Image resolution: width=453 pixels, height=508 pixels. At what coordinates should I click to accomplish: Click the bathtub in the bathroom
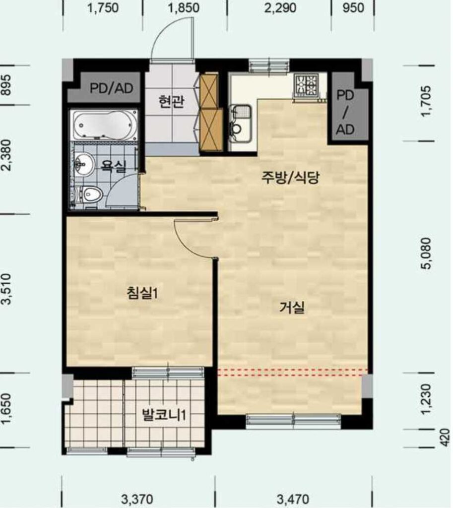click(x=104, y=125)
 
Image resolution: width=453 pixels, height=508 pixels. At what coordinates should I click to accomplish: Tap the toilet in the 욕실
click(x=89, y=195)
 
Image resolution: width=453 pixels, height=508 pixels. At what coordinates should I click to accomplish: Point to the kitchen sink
click(x=240, y=124)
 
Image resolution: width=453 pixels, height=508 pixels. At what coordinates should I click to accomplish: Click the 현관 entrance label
click(x=171, y=101)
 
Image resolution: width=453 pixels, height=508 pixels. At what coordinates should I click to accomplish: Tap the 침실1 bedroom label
click(x=142, y=293)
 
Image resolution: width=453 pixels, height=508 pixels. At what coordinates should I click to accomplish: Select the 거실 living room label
click(x=292, y=307)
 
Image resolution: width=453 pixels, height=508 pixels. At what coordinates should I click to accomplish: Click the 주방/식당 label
click(x=290, y=177)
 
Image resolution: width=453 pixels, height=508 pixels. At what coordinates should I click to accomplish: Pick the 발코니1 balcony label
click(x=164, y=415)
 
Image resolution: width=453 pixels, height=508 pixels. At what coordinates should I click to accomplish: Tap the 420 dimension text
click(x=446, y=438)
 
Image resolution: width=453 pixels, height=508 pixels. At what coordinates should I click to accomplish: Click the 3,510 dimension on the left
click(x=6, y=289)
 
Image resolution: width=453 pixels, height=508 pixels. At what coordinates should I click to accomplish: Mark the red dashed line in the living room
click(x=293, y=373)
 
